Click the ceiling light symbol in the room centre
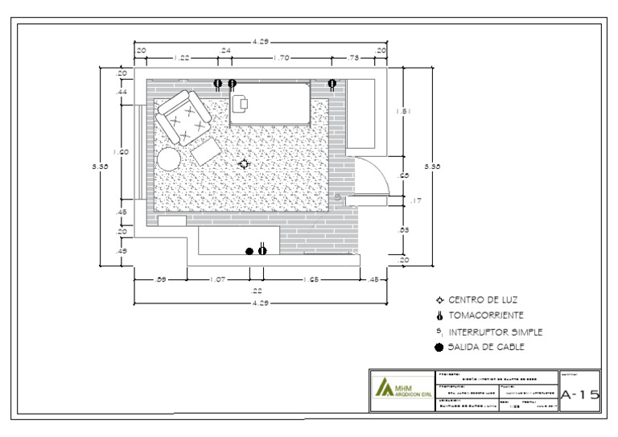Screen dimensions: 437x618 click(x=245, y=163)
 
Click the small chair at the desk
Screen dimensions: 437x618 click(x=241, y=102)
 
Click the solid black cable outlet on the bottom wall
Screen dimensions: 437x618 click(x=249, y=251)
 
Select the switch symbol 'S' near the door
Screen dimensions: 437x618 click(x=338, y=196)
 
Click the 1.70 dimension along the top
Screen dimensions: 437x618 click(x=282, y=58)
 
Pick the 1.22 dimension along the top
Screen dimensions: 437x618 click(x=182, y=58)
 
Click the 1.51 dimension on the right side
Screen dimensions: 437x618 click(x=405, y=112)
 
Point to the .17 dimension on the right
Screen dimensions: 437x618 click(x=415, y=200)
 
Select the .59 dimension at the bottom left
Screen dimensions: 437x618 click(x=160, y=279)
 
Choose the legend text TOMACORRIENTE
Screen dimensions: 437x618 click(x=486, y=315)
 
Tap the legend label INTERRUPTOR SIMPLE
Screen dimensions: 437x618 click(x=495, y=331)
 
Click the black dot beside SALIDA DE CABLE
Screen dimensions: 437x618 click(x=439, y=348)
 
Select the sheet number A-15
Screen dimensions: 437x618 click(x=579, y=394)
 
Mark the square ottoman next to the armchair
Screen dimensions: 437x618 click(x=206, y=152)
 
